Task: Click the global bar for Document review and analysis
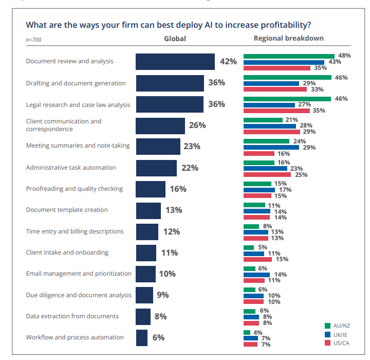click(x=175, y=62)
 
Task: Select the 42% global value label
click(x=228, y=61)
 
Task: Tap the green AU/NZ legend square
click(x=327, y=326)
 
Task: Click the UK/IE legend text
click(x=340, y=335)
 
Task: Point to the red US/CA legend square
click(x=327, y=343)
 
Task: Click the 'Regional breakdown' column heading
click(x=289, y=38)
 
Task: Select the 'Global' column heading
click(x=175, y=39)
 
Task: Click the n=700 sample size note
click(x=33, y=40)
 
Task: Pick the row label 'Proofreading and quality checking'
click(x=75, y=189)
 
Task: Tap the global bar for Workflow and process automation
click(x=142, y=338)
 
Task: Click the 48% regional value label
click(x=344, y=56)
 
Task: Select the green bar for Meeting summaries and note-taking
click(x=266, y=141)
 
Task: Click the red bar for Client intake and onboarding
click(x=257, y=259)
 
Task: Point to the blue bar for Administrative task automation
click(x=265, y=168)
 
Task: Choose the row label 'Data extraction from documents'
click(x=72, y=316)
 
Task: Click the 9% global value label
click(x=163, y=295)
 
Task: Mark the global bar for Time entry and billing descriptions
click(x=147, y=232)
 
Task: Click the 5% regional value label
click(x=263, y=247)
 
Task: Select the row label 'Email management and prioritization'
click(x=79, y=274)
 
